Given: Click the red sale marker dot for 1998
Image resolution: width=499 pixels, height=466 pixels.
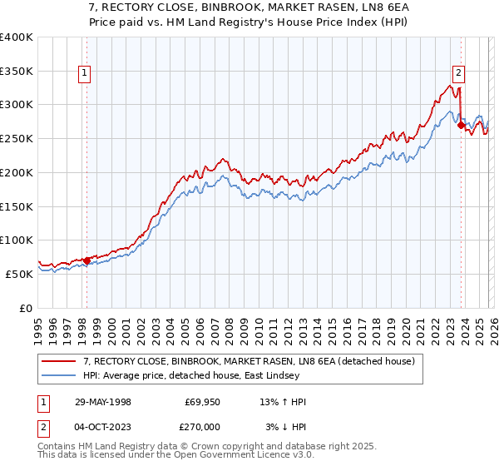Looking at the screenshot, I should click(x=87, y=260).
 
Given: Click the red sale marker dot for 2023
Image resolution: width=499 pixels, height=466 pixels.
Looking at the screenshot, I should click(x=461, y=125).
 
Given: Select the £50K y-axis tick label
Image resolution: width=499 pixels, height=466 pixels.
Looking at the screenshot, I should click(x=19, y=274).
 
